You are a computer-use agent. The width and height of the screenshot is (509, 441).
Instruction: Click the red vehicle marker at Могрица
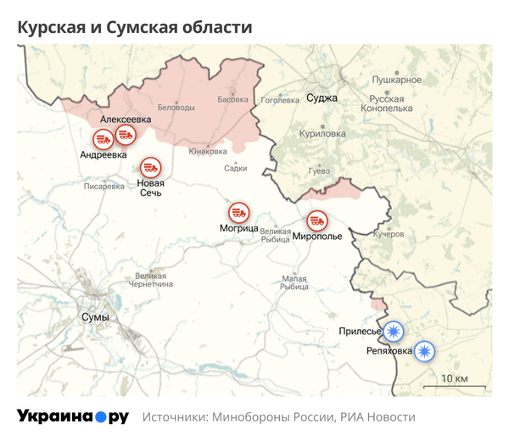click(x=239, y=214)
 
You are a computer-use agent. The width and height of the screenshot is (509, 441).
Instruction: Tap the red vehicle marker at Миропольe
click(x=317, y=220)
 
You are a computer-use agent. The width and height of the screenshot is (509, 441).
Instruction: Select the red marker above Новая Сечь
click(x=151, y=167)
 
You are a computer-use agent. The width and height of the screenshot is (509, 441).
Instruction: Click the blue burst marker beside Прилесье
click(x=393, y=331)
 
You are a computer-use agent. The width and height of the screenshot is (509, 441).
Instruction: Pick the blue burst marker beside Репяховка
click(x=423, y=349)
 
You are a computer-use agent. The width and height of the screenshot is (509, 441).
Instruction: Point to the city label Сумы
click(x=95, y=316)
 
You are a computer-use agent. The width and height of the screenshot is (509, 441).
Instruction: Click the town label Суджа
click(x=322, y=98)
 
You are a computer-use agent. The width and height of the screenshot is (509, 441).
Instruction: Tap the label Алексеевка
click(x=126, y=120)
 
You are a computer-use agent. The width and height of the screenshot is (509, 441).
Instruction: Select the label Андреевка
click(x=103, y=155)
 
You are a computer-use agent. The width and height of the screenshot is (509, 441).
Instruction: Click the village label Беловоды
click(x=176, y=107)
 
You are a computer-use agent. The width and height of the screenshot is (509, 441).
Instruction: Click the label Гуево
click(x=319, y=171)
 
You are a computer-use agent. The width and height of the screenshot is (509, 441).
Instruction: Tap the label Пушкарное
click(x=396, y=80)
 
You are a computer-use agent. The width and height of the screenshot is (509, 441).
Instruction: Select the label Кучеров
click(x=389, y=234)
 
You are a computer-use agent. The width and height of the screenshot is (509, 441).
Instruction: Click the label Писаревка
click(x=103, y=187)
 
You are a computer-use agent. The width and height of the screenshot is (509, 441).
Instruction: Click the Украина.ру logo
click(x=73, y=416)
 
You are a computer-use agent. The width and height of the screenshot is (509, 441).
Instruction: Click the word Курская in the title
click(x=54, y=27)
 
